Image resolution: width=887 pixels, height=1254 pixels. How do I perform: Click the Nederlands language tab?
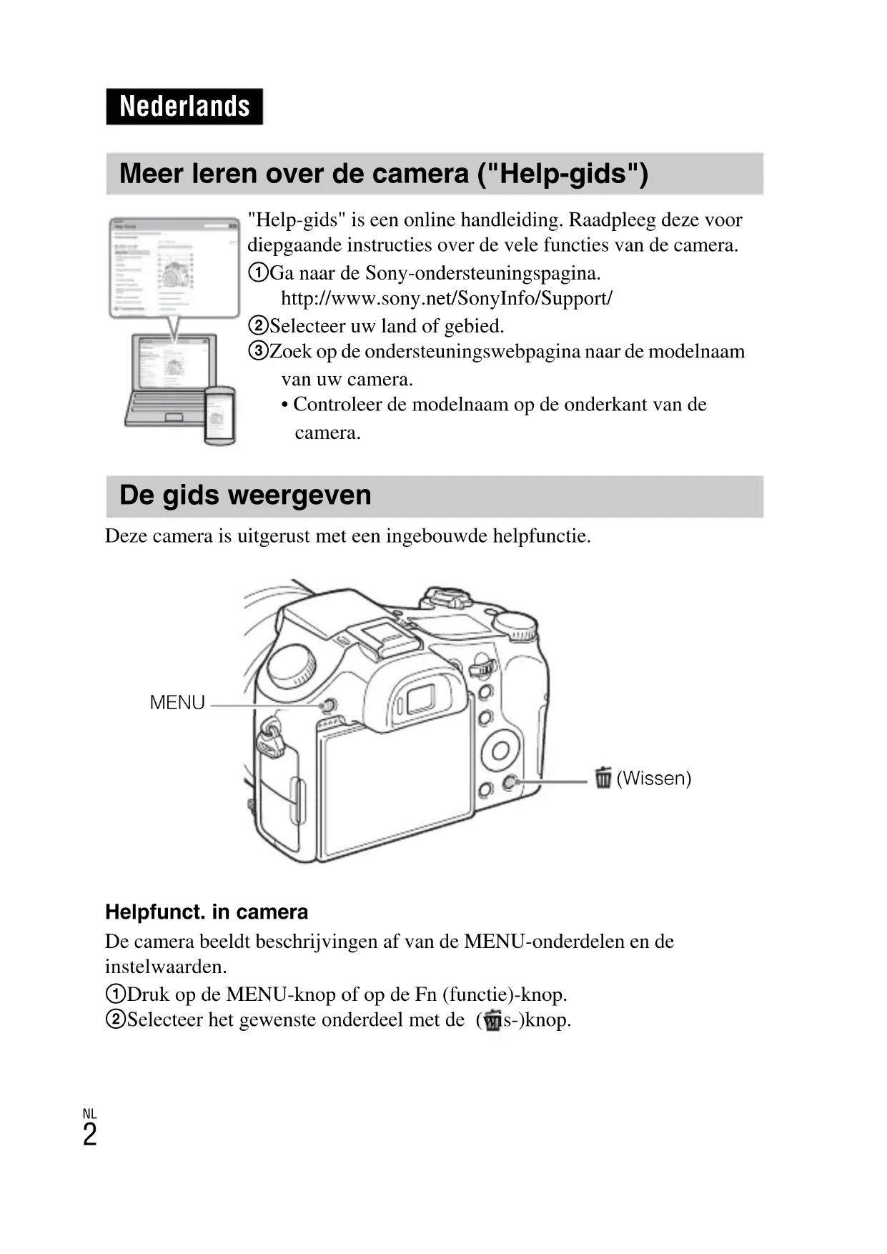[184, 107]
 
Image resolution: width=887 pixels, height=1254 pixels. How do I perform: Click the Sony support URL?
[446, 298]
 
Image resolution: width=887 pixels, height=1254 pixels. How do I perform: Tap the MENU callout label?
[177, 703]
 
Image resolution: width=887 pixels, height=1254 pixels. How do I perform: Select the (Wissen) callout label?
[653, 778]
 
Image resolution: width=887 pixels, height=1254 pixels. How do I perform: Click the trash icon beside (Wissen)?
[603, 777]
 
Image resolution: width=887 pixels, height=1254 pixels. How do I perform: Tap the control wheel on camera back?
[500, 750]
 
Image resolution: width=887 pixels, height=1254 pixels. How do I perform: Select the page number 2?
[89, 1135]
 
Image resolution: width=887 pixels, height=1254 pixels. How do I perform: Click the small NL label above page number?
[89, 1114]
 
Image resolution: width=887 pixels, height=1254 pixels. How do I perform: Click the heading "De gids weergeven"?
[245, 495]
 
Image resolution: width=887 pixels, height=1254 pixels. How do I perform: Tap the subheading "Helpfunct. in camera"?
[207, 912]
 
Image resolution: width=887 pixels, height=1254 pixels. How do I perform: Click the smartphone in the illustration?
[220, 415]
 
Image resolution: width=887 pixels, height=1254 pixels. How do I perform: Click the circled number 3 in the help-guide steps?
[257, 351]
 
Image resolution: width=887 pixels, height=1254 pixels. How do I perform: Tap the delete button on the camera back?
[510, 783]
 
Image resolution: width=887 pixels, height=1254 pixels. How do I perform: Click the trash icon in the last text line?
[492, 1020]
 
